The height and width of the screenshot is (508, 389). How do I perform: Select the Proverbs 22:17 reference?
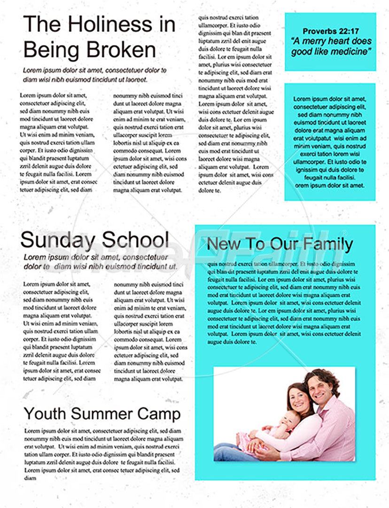coord(330,32)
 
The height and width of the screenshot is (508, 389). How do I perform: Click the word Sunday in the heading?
coord(58,240)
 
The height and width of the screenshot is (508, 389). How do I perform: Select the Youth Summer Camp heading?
coord(102,414)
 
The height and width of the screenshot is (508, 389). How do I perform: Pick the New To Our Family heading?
coord(280,244)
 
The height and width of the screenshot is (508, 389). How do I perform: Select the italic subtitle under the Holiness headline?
coord(94,75)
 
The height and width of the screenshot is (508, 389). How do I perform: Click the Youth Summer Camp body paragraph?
coord(102,454)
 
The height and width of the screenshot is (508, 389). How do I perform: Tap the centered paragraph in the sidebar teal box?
coord(330,142)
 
